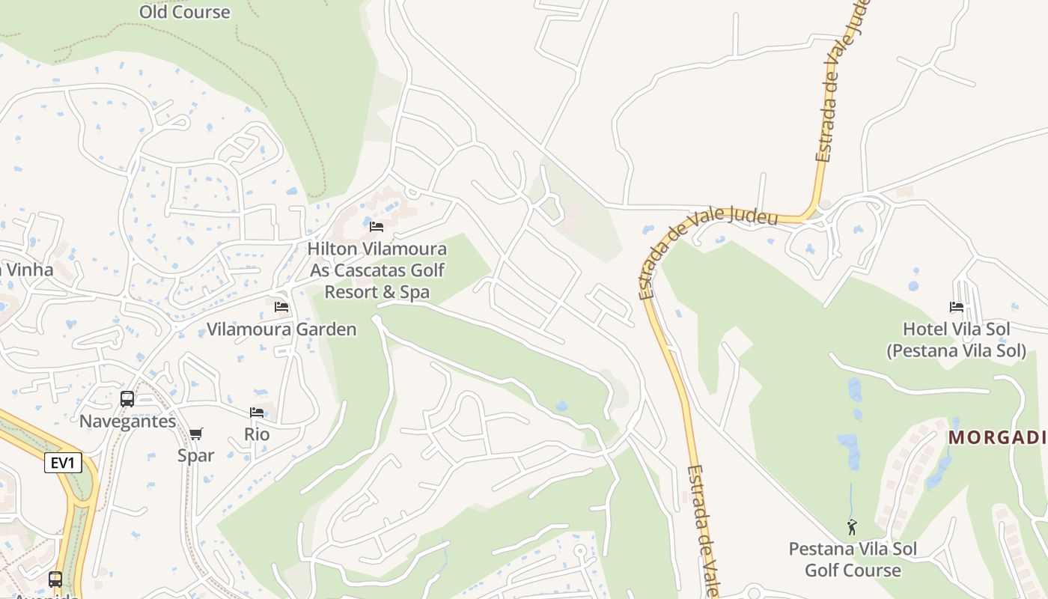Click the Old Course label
pos(185,12)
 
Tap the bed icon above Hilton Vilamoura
pos(377,226)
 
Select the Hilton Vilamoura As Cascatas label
pos(377,270)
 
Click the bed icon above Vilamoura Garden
pos(281,307)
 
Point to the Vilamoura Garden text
pos(281,329)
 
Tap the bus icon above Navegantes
pos(127,399)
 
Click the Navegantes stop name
pos(128,421)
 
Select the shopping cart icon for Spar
pos(196,434)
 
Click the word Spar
pos(196,455)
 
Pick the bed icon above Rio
pos(257,413)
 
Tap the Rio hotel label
pos(257,434)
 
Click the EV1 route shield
pos(63,463)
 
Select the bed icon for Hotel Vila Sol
pos(957,307)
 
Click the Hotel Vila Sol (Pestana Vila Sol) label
pos(956,340)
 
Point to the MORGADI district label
pos(997,437)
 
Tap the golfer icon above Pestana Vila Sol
pos(852,527)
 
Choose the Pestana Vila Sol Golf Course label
pos(853,559)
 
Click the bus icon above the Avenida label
pos(55,579)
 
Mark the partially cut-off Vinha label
pos(27,270)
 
